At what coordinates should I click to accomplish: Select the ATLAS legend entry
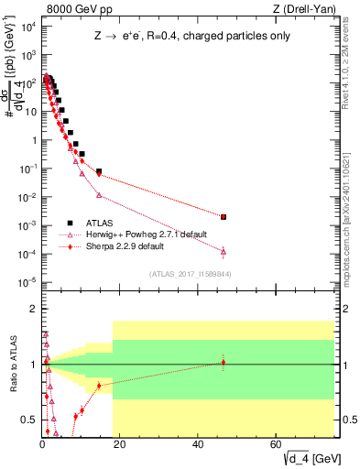point(100,223)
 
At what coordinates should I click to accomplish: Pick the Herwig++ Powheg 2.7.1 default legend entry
point(144,234)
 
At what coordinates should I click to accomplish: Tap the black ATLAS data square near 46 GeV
point(224,217)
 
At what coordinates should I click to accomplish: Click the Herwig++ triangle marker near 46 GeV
point(224,251)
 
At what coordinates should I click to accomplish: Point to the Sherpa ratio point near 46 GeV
point(224,363)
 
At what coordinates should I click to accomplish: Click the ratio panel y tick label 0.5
point(32,420)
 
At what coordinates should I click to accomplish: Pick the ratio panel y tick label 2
point(36,310)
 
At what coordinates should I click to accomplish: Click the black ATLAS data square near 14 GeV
point(99,171)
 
